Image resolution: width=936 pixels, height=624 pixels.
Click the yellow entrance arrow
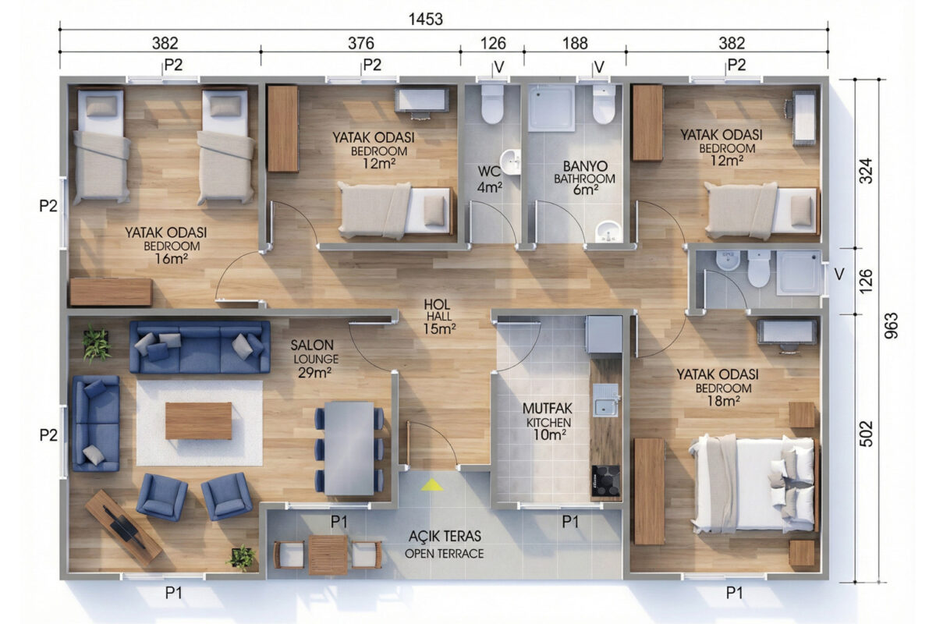click(x=432, y=485)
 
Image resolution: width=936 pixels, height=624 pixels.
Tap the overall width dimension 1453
click(x=425, y=19)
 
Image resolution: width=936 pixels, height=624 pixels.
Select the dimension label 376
click(x=361, y=43)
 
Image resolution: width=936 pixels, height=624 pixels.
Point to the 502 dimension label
click(x=867, y=434)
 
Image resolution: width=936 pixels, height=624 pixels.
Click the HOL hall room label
click(x=438, y=317)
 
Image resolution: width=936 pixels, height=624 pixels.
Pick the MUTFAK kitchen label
click(x=548, y=421)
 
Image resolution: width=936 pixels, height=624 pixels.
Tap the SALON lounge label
click(x=314, y=359)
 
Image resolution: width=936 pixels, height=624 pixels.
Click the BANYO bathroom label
click(x=584, y=178)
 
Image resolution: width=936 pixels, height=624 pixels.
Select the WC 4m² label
click(x=489, y=179)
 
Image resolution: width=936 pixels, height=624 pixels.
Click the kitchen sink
click(x=607, y=400)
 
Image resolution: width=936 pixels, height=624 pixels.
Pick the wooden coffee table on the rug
click(x=198, y=421)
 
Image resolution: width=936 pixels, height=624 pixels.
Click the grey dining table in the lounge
click(x=349, y=448)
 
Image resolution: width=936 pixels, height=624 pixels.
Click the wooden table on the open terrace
click(x=328, y=555)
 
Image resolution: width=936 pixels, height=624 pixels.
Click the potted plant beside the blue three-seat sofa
click(x=97, y=343)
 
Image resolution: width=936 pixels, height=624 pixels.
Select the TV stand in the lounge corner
click(x=123, y=528)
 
